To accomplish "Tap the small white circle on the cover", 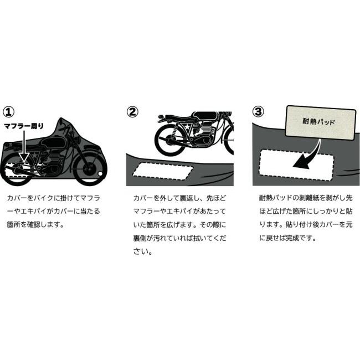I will [100, 176].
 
